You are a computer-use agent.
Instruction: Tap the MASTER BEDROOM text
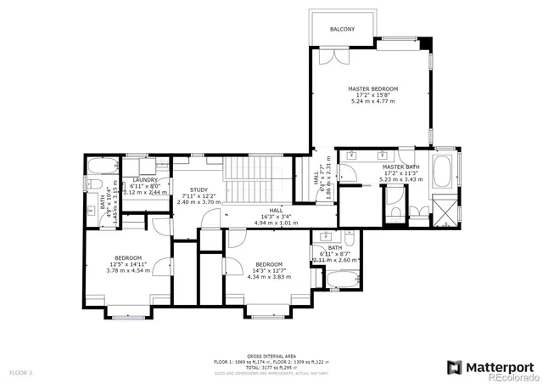point(373,88)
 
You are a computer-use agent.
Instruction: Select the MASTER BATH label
point(400,167)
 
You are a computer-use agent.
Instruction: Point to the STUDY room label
point(199,189)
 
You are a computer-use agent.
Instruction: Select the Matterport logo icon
point(454,367)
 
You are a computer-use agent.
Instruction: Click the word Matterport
point(500,366)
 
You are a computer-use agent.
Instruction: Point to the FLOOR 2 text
point(21,372)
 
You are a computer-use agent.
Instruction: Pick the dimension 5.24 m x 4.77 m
point(373,101)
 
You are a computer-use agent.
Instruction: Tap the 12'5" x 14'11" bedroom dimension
point(128,264)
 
